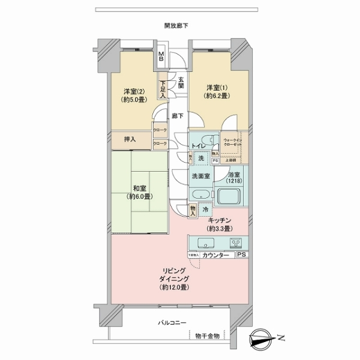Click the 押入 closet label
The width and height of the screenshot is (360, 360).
pos(130,140)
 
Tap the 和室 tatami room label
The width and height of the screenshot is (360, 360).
pos(138,191)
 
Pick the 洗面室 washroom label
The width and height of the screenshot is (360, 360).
pos(200,176)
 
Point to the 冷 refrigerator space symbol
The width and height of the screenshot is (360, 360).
pos(205,210)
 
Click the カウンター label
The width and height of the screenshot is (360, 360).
pos(215,255)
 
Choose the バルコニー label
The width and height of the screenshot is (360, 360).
pos(173,323)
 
